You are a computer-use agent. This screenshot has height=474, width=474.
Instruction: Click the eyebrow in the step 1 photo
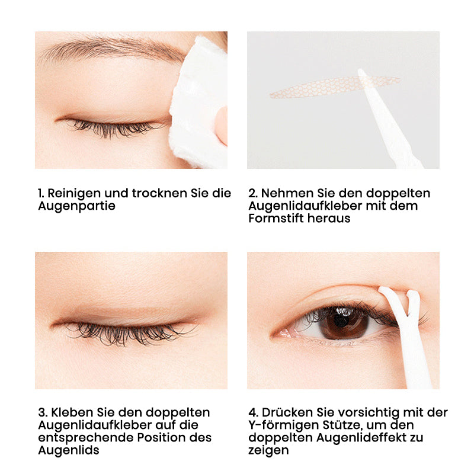click(112, 48)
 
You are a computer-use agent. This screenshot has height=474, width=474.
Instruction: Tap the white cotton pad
click(198, 103)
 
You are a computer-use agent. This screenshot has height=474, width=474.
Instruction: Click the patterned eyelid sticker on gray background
click(334, 87)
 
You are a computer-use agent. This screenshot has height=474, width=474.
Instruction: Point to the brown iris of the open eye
click(343, 323)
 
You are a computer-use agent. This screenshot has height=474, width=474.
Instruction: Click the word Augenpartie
click(77, 206)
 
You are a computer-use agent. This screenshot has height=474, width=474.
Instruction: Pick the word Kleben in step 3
click(72, 412)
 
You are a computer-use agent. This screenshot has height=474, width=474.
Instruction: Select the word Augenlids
click(69, 451)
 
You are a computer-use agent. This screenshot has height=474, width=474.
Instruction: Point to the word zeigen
click(268, 451)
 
